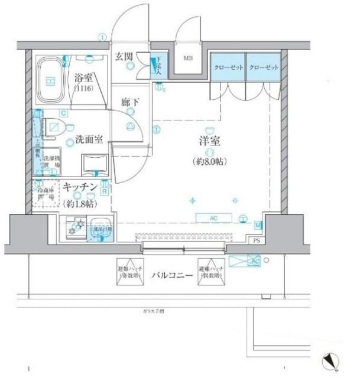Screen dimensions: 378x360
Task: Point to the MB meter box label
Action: coord(187,58)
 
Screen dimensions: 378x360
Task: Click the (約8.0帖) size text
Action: coord(209,161)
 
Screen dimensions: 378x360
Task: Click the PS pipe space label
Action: coord(257,240)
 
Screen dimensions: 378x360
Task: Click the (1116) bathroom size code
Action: coord(86,89)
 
